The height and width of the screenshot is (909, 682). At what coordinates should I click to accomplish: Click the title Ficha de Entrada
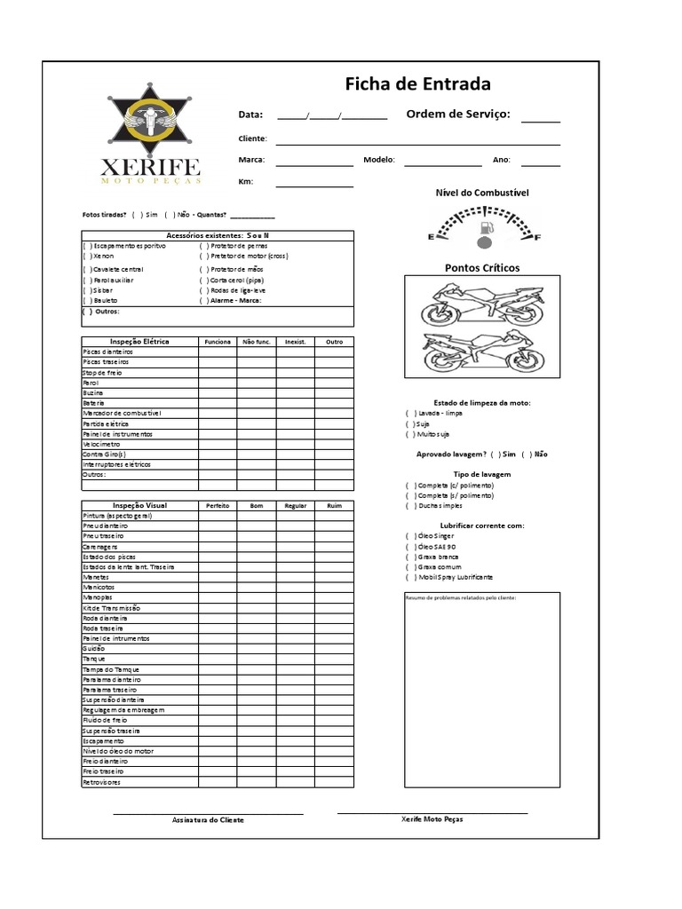(x=417, y=84)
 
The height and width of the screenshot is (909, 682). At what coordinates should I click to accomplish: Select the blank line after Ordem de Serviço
(x=541, y=120)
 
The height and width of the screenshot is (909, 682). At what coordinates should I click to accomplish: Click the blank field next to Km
(x=314, y=185)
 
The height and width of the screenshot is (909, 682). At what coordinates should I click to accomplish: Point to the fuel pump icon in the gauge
(x=485, y=232)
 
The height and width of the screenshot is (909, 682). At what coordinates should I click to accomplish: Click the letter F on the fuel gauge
(x=537, y=237)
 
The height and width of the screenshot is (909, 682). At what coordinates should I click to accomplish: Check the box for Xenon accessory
(x=87, y=256)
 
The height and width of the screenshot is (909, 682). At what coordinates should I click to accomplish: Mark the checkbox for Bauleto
(x=87, y=301)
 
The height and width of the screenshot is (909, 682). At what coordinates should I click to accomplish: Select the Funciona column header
(x=218, y=342)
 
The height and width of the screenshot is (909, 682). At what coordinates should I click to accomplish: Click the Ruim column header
(x=334, y=505)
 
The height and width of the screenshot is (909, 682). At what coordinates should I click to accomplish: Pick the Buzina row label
(x=93, y=392)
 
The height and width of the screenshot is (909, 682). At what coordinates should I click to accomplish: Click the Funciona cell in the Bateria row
(x=218, y=403)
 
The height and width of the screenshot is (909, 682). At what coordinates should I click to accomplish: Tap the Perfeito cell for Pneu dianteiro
(x=218, y=526)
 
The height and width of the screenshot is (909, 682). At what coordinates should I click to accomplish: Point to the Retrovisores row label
(x=102, y=782)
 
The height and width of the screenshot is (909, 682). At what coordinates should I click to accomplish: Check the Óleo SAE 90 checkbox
(x=411, y=547)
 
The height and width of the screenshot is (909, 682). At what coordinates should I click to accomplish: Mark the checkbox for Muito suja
(x=411, y=434)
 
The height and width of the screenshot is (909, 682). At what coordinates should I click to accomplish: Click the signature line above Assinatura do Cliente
(x=208, y=813)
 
